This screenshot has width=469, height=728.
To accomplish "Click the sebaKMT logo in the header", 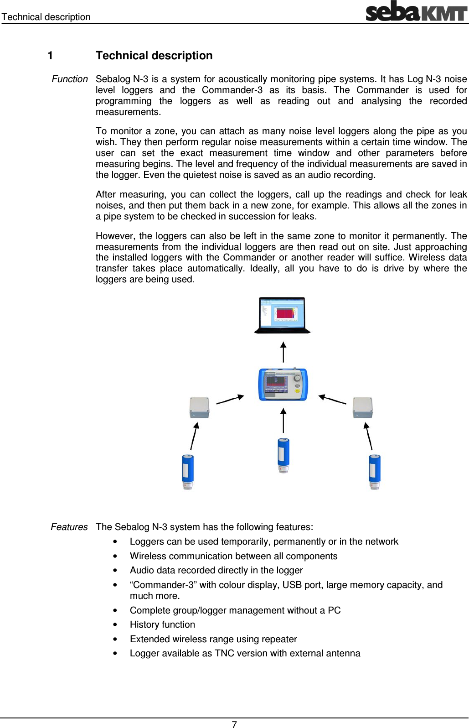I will click(x=416, y=11).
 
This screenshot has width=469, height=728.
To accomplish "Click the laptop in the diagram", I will click(x=282, y=315).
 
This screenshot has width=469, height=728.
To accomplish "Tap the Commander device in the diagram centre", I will click(x=283, y=385).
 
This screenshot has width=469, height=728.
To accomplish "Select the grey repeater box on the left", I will click(x=199, y=407).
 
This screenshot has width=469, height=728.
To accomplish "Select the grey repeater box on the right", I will click(x=363, y=407).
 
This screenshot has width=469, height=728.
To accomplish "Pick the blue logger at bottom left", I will click(x=188, y=472).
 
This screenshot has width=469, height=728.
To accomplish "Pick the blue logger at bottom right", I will click(x=375, y=472).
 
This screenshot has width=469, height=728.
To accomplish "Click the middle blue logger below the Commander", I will click(x=283, y=455).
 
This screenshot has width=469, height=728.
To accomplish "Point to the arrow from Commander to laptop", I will click(x=283, y=352).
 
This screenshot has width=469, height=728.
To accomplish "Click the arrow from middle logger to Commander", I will click(x=283, y=420).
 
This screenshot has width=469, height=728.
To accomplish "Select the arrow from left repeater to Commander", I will click(x=230, y=400).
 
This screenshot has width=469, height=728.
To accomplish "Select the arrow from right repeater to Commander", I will click(x=332, y=400).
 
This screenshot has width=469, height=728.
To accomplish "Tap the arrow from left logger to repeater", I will click(x=194, y=436).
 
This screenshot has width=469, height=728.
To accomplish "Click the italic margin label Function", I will click(x=70, y=79).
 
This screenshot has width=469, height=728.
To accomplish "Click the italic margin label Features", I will click(x=69, y=527).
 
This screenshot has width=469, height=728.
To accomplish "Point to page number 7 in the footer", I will click(x=234, y=724).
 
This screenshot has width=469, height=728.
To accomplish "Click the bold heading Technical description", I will click(x=154, y=56).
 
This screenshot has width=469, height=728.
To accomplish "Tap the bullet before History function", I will click(x=116, y=625).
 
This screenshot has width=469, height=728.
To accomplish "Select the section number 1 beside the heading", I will click(x=50, y=56).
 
